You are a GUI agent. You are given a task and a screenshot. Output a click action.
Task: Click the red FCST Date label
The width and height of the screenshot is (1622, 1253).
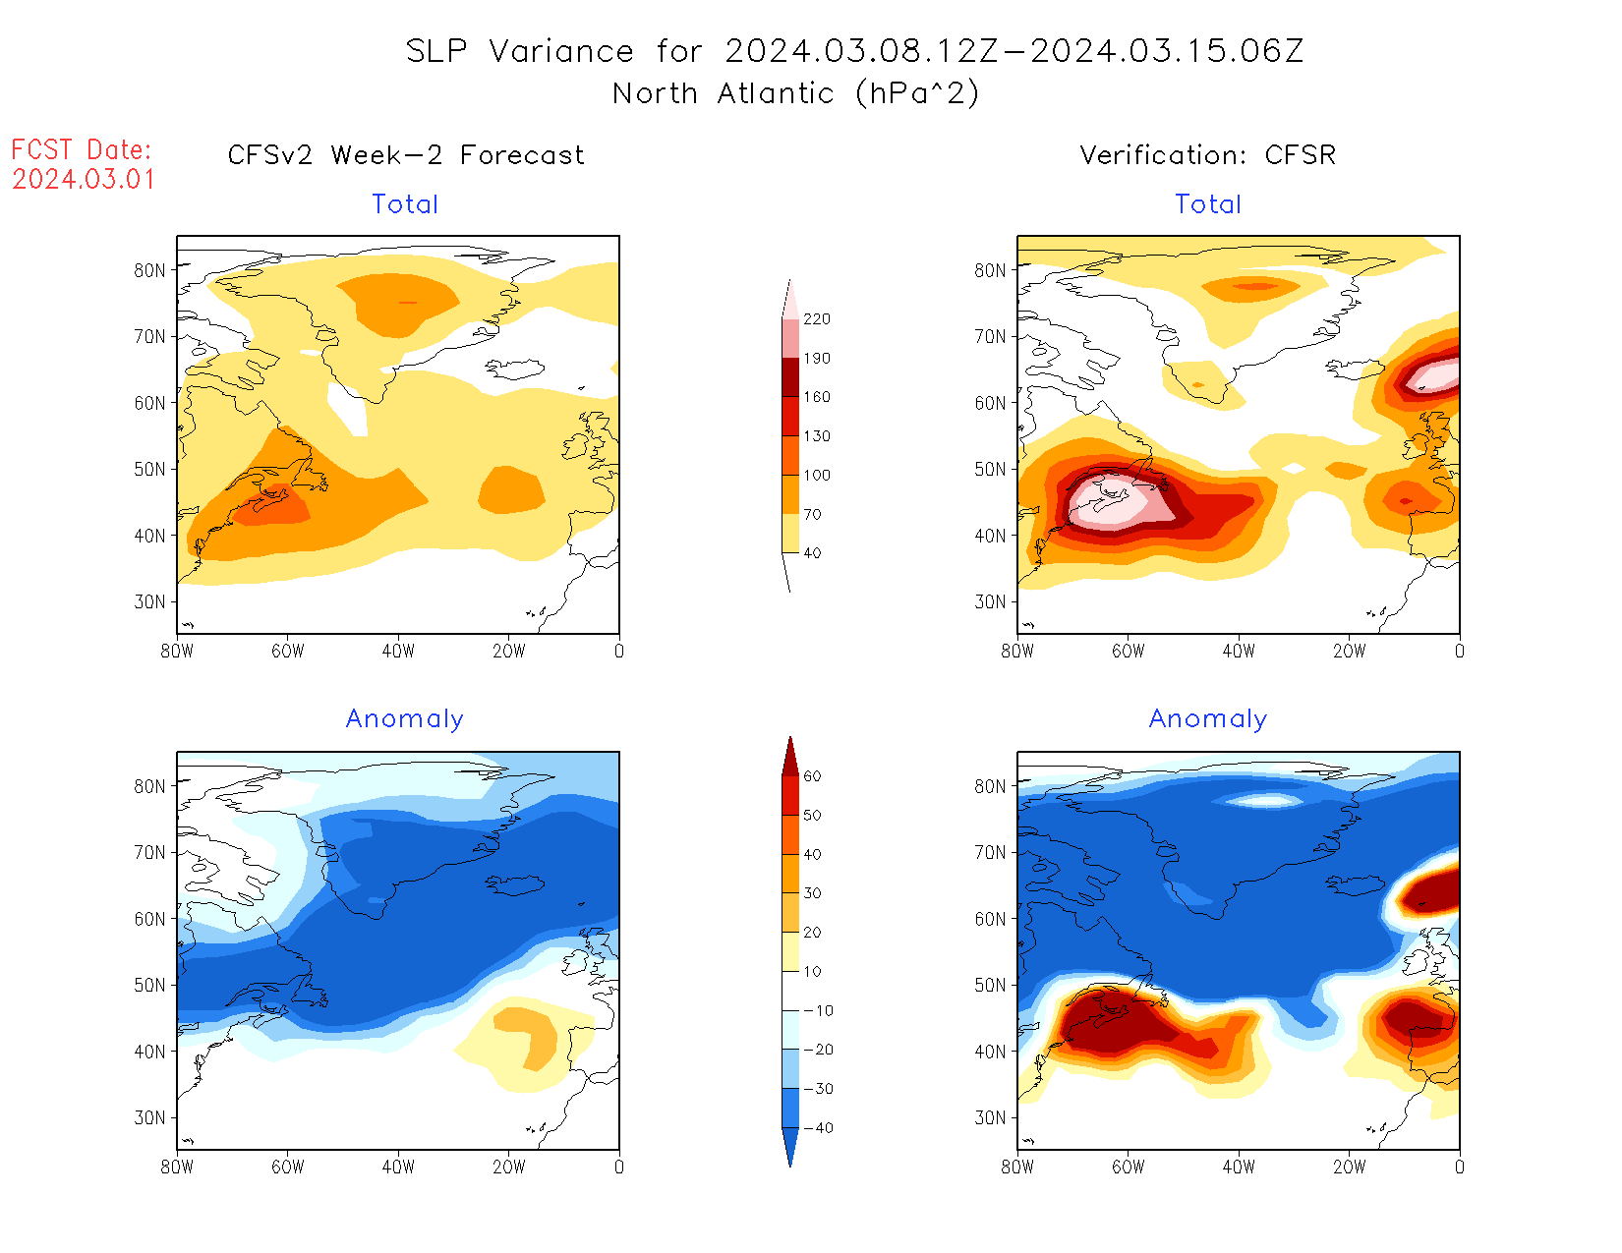point(82,149)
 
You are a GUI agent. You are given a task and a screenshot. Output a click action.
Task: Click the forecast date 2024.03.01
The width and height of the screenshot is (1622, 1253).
point(84,180)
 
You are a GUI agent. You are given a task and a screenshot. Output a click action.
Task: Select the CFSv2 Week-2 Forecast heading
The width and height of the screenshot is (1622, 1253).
point(405,155)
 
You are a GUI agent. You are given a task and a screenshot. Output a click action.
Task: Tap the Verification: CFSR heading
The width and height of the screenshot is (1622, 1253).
point(1207,155)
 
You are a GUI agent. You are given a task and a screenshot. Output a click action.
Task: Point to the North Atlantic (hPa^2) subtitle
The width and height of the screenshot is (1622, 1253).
point(795,93)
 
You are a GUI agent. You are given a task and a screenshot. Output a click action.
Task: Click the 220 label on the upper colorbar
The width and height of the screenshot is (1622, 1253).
point(817,319)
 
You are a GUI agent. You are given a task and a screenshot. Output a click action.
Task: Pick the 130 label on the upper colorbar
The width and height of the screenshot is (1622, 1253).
point(817,436)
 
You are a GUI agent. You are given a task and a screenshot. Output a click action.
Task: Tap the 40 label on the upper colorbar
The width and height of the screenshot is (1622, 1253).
point(812,553)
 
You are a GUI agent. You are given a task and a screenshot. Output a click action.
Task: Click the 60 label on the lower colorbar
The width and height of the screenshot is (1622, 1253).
point(812,776)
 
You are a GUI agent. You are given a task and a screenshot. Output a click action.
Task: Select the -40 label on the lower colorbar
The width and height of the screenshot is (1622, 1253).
point(818,1128)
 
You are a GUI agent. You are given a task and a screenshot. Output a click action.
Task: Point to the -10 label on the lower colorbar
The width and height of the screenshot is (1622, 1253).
point(818,1010)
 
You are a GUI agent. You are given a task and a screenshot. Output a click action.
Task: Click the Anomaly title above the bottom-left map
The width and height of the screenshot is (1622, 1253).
point(404,719)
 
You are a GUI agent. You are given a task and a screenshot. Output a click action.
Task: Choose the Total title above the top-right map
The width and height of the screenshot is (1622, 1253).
point(1208,204)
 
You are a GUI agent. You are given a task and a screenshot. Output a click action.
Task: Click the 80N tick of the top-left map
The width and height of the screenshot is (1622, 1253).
point(150,270)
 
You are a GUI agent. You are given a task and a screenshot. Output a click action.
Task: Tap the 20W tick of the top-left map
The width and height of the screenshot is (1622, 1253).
point(508,651)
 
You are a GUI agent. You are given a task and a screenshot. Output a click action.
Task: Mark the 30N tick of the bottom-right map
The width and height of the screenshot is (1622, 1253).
point(991,1117)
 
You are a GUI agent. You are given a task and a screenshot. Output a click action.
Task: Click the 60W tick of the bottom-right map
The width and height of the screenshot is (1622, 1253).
point(1128,1167)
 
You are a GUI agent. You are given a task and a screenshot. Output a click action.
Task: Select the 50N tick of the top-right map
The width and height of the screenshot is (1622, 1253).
point(991,469)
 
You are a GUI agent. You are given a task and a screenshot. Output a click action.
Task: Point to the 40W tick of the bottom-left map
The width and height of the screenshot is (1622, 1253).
point(398,1167)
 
